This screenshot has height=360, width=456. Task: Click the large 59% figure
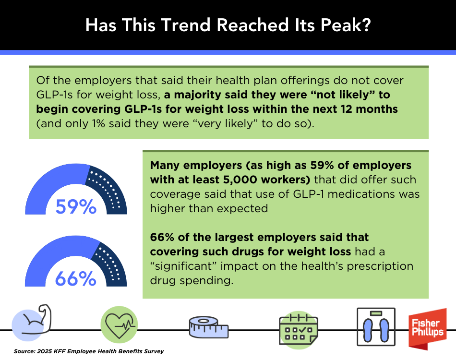(76, 207)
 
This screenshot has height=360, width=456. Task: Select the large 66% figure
(76, 279)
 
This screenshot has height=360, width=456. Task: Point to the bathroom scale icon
(376, 326)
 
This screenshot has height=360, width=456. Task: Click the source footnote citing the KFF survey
(89, 351)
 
